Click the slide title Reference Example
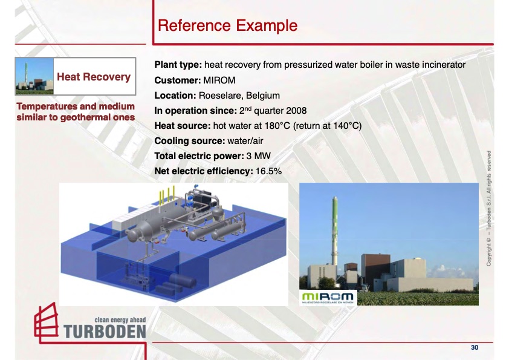[227, 25]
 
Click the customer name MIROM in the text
[219, 80]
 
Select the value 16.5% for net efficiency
[268, 171]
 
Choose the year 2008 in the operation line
[296, 111]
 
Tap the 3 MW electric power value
[258, 156]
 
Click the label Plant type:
[178, 65]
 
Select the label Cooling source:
[190, 141]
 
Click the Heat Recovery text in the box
[94, 77]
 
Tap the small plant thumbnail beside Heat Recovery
[34, 76]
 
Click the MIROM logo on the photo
[328, 298]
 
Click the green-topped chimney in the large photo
[334, 231]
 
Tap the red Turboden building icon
[47, 322]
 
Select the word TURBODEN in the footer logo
[105, 332]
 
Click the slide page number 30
[475, 348]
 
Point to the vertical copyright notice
[488, 208]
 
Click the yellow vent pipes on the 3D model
[167, 194]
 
